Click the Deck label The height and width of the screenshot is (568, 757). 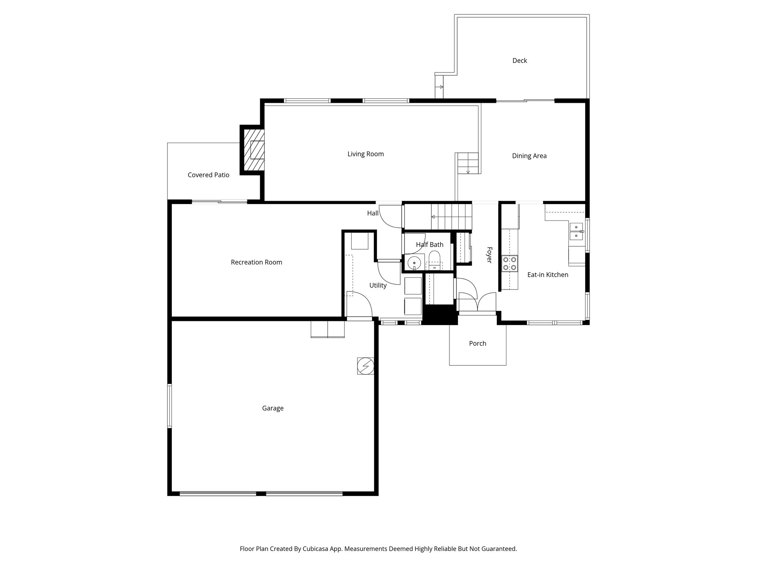click(519, 61)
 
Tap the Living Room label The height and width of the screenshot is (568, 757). click(365, 154)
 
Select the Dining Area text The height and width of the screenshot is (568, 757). click(529, 156)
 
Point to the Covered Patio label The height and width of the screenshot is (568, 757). click(208, 175)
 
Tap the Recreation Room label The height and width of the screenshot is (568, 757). click(256, 262)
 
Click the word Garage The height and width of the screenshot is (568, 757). click(272, 408)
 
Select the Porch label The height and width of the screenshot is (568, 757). click(477, 344)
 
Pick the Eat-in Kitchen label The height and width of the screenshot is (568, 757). click(547, 275)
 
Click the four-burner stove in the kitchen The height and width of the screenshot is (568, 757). click(509, 264)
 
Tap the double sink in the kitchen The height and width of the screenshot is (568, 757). click(576, 231)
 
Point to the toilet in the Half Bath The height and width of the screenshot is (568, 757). click(434, 258)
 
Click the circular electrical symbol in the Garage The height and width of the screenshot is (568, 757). click(366, 366)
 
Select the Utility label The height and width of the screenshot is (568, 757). click(378, 285)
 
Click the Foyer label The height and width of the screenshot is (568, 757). click(489, 255)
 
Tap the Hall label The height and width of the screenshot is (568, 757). click(373, 213)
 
